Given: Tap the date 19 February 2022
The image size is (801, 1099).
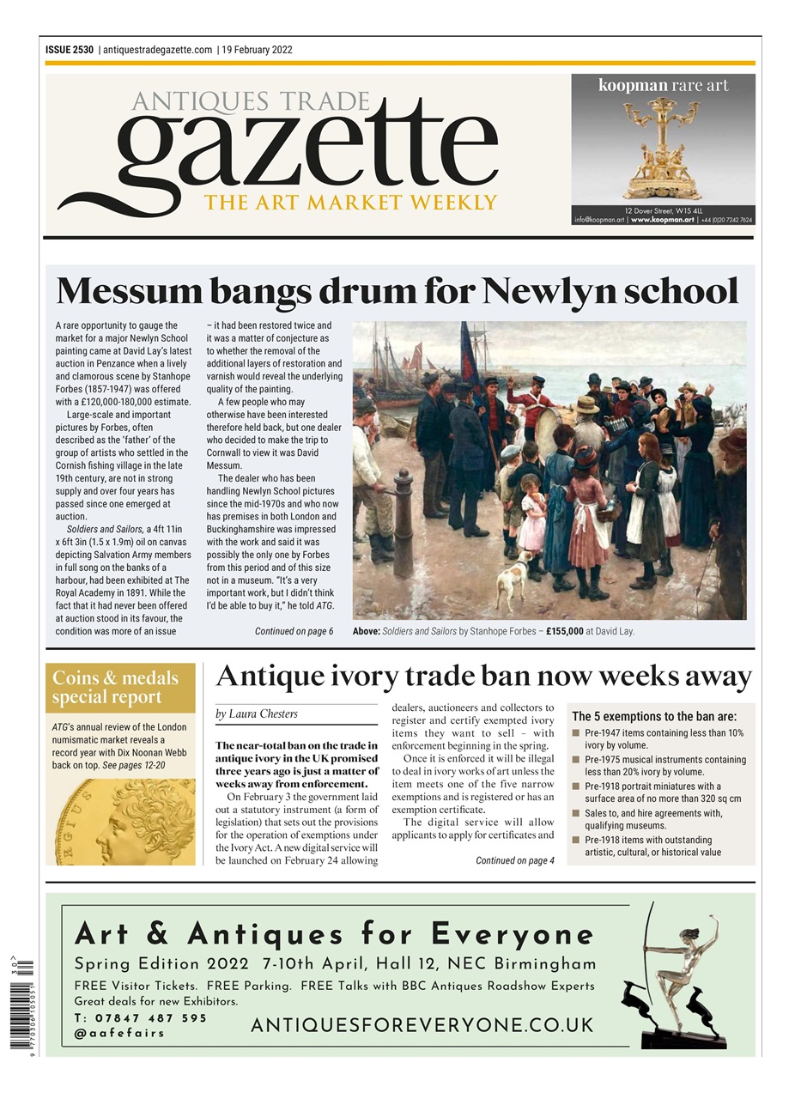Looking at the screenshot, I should tap(257, 50).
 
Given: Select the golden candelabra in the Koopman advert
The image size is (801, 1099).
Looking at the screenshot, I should tap(662, 147).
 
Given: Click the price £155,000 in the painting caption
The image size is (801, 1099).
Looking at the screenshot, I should tap(564, 631).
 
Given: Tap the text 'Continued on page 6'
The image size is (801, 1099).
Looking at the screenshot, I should tap(294, 631).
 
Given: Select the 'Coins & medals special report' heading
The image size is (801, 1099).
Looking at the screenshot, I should tap(115, 687).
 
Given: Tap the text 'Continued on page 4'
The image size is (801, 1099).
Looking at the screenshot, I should tap(514, 860).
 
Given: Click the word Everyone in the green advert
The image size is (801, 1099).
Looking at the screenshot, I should tap(513, 934).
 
